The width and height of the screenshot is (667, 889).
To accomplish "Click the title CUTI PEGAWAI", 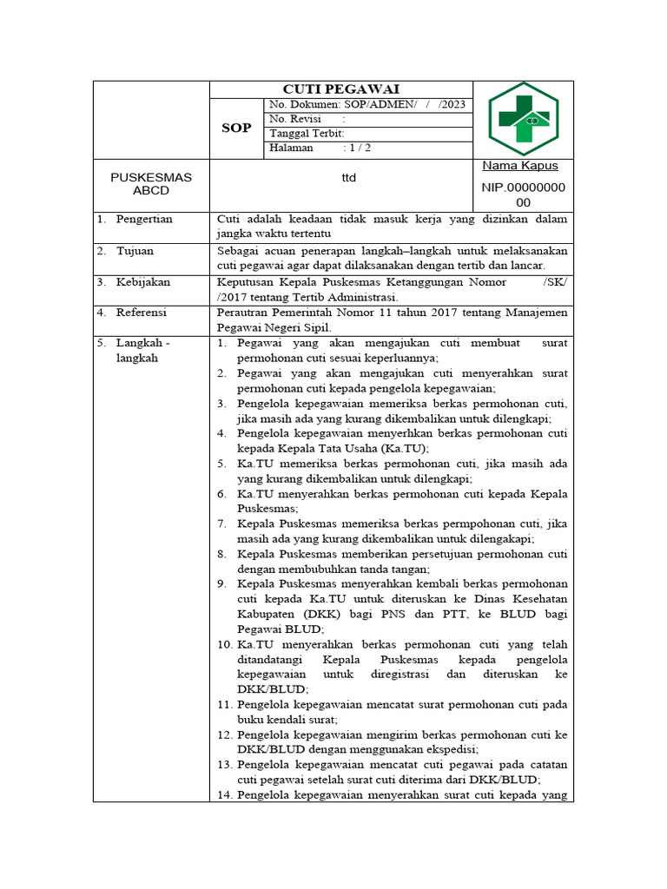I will pyautogui.click(x=340, y=89).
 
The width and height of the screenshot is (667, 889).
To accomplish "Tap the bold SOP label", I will pyautogui.click(x=236, y=128).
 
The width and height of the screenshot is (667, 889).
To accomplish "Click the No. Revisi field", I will pyautogui.click(x=307, y=119).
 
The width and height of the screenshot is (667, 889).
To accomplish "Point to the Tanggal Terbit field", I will pyautogui.click(x=307, y=133).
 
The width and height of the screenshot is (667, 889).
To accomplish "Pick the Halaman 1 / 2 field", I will pyautogui.click(x=320, y=148).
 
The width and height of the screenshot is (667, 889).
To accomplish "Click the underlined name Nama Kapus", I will pyautogui.click(x=520, y=166).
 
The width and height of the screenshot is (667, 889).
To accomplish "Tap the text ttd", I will pyautogui.click(x=347, y=177).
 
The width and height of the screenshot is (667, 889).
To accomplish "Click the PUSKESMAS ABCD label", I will pyautogui.click(x=150, y=183).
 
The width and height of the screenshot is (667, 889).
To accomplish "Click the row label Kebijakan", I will pyautogui.click(x=142, y=282).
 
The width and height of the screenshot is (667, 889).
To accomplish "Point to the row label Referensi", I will pyautogui.click(x=141, y=313).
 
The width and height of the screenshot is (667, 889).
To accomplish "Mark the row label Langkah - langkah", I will pyautogui.click(x=142, y=350).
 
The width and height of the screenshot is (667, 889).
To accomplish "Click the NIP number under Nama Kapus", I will pyautogui.click(x=523, y=194).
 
